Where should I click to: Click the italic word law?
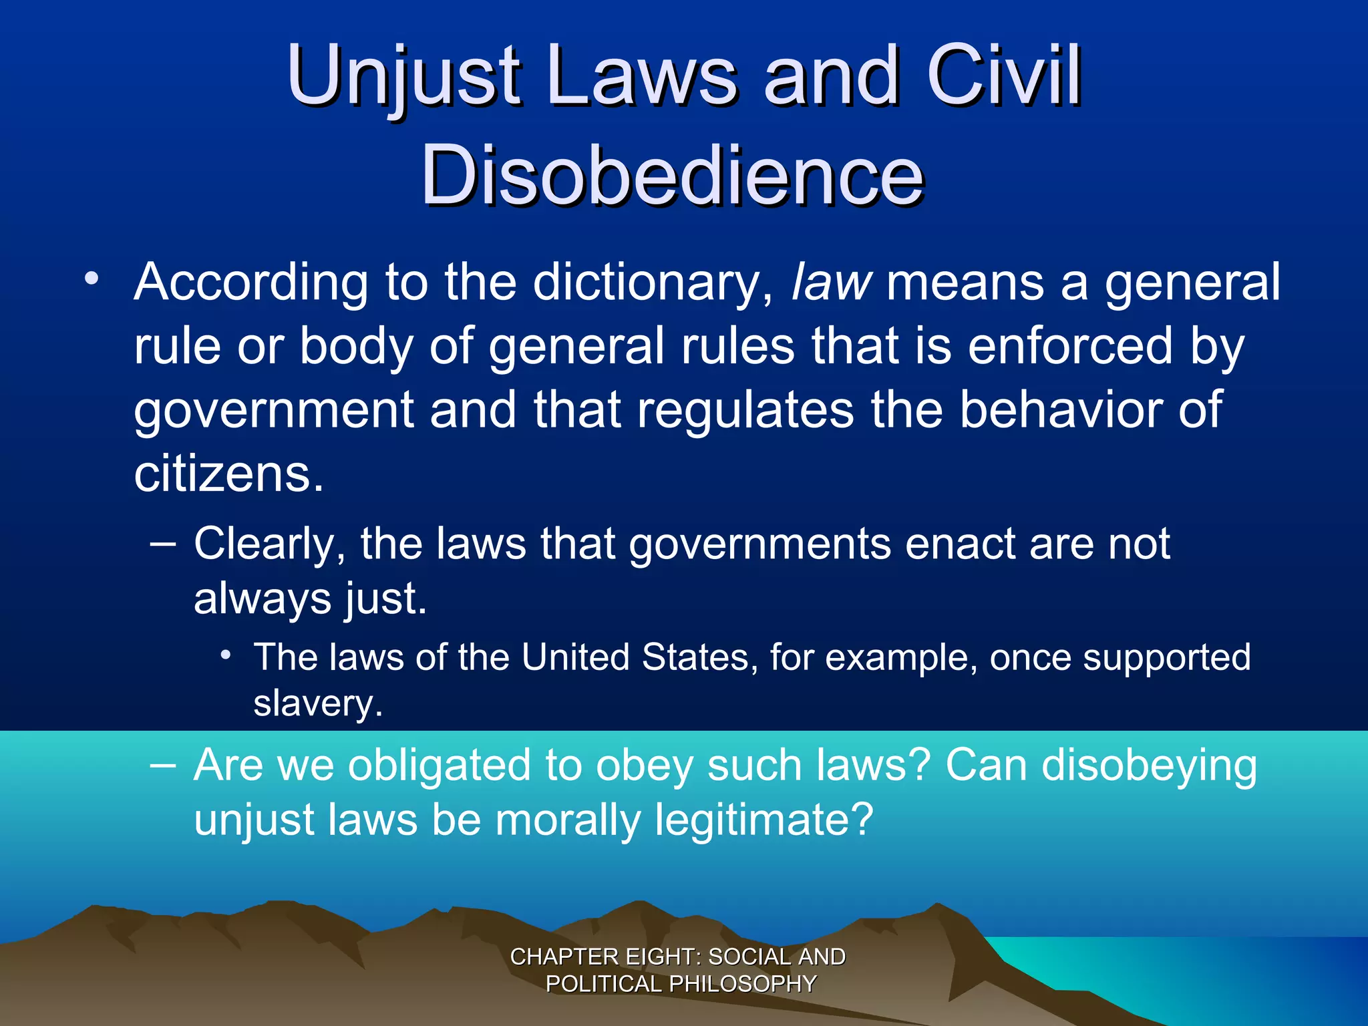[x=831, y=282]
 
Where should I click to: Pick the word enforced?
[x=1069, y=346]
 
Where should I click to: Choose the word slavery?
[x=318, y=703]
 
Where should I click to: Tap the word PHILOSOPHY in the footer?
[x=742, y=984]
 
